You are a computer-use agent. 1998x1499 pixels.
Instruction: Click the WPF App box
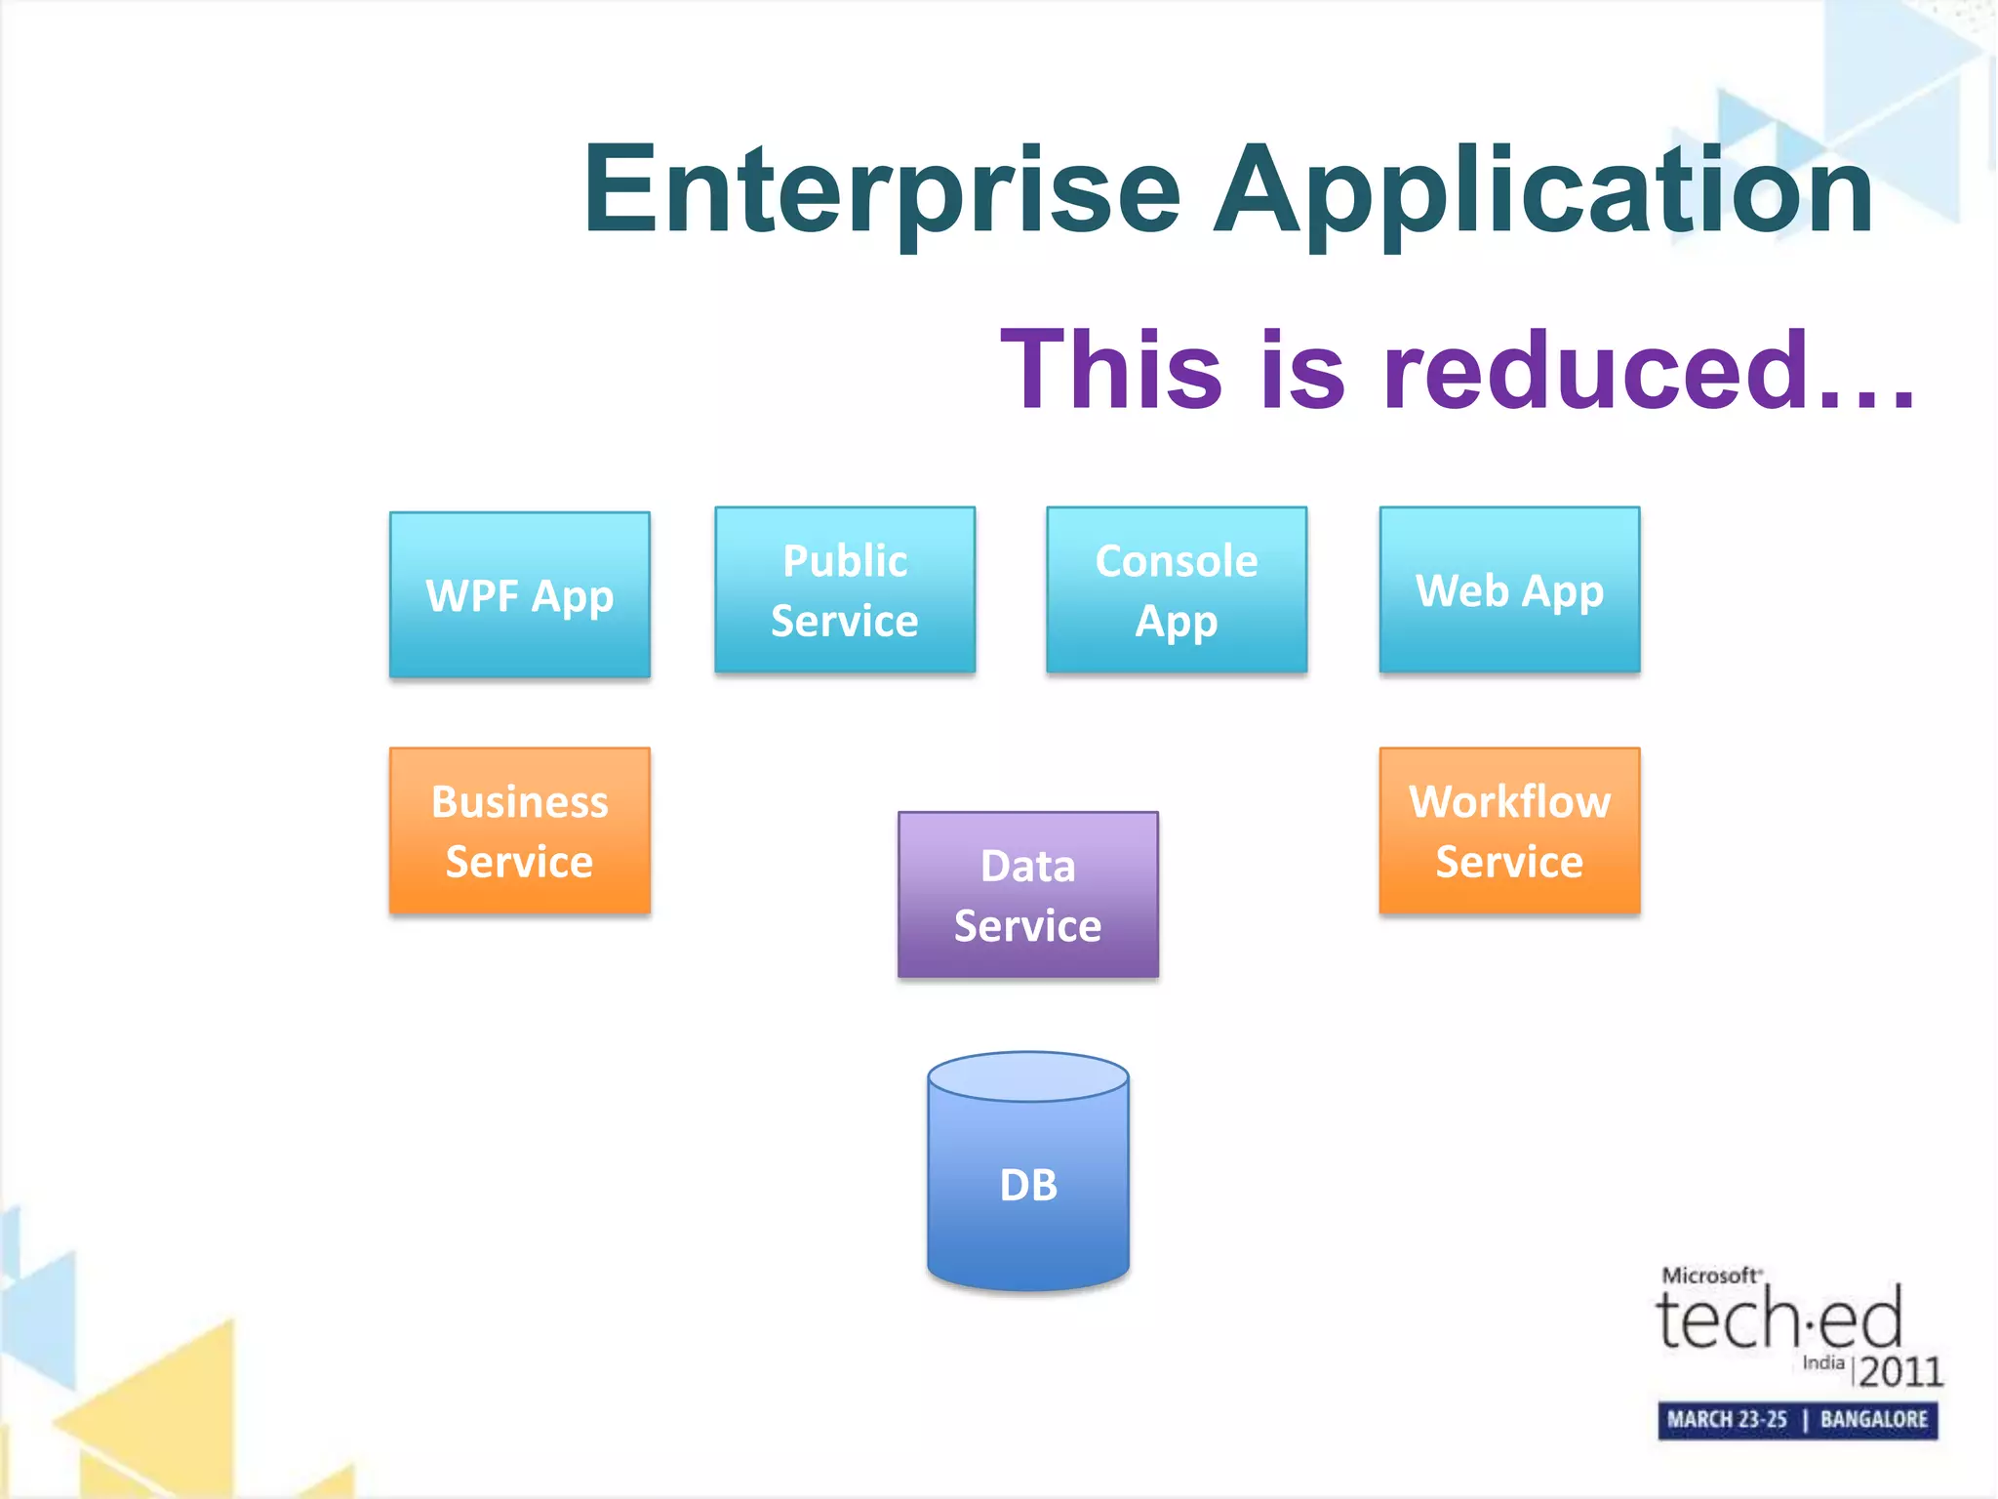click(x=520, y=594)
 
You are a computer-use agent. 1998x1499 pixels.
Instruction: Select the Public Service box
click(x=845, y=589)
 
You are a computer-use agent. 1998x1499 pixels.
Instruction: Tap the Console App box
click(x=1177, y=589)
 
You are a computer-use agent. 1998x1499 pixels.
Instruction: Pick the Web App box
click(x=1509, y=589)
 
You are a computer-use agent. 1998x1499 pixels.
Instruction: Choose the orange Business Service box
click(x=520, y=831)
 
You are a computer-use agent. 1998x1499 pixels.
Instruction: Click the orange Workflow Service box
click(x=1509, y=831)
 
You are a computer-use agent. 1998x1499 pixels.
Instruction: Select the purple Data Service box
click(x=1028, y=894)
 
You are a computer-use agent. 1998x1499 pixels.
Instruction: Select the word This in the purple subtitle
click(x=1111, y=370)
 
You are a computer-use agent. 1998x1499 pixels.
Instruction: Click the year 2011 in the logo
click(x=1900, y=1372)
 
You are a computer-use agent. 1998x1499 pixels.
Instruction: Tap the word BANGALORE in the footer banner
click(x=1874, y=1419)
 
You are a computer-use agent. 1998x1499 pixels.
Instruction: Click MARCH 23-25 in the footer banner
click(x=1727, y=1419)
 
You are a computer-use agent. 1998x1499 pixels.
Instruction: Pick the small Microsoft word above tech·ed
click(x=1710, y=1276)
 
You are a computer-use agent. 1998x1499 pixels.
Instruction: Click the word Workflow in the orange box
click(x=1509, y=801)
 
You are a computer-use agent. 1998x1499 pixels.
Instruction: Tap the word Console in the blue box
click(x=1177, y=561)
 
